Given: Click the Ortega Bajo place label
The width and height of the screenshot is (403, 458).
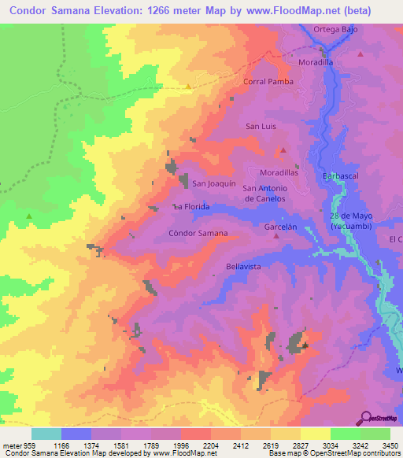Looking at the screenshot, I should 335,30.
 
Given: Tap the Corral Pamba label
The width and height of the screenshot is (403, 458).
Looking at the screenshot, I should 268,81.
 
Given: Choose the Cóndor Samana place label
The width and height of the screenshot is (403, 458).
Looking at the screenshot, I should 198,234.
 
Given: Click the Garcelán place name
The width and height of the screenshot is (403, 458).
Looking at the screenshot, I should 280,226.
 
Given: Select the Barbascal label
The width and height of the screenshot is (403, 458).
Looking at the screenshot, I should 340,176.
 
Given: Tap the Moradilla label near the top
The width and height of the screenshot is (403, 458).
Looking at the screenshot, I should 316,61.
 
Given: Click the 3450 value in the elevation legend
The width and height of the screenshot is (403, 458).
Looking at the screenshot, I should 390,445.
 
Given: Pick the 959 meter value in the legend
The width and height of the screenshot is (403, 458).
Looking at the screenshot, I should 25,445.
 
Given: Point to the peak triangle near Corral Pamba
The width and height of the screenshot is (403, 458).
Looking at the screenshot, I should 188,86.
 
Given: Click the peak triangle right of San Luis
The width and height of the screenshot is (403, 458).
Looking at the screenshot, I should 283,149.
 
